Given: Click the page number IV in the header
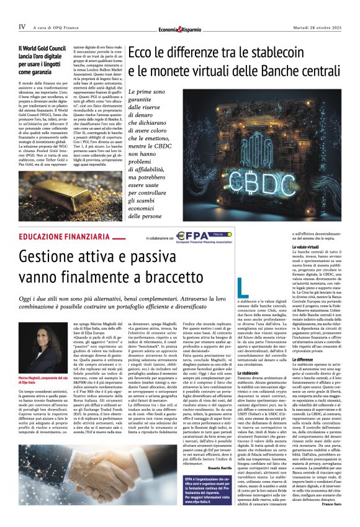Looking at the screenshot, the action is click(22, 27).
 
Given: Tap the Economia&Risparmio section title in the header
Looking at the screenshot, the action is click(180, 29).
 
